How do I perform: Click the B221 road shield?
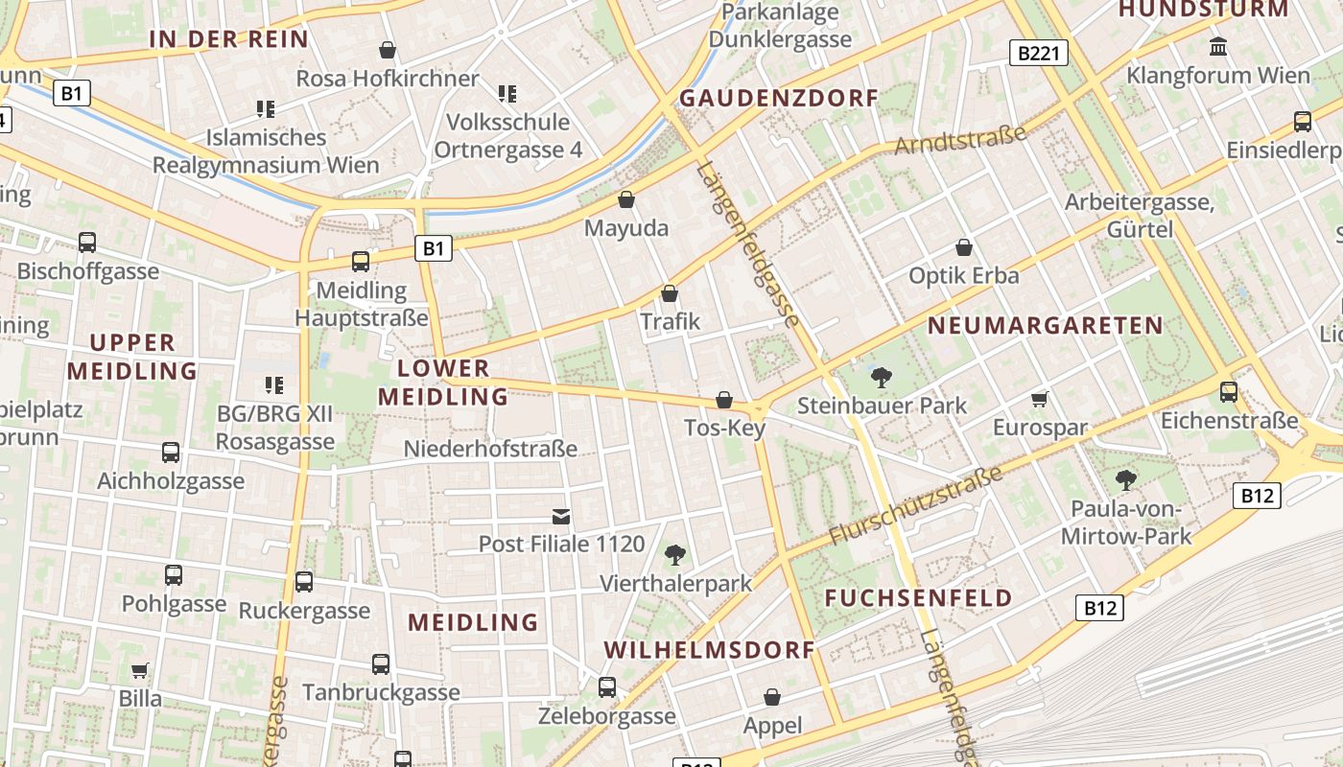tap(1039, 53)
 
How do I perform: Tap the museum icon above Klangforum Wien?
tap(1218, 46)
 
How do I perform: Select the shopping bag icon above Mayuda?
tap(626, 199)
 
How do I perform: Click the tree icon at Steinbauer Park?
tap(882, 377)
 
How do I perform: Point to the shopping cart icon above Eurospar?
tap(1040, 399)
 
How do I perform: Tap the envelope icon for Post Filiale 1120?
tap(561, 517)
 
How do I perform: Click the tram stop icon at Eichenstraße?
tap(1229, 391)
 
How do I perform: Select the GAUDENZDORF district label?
tap(779, 98)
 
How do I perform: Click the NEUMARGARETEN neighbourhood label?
tap(1046, 326)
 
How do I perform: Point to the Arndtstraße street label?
tap(960, 141)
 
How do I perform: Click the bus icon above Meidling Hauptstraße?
tap(361, 261)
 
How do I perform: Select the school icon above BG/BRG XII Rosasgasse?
tap(274, 385)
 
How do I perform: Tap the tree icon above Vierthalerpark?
tap(675, 554)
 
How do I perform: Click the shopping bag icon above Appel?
tap(772, 697)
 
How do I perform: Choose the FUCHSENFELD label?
tap(918, 598)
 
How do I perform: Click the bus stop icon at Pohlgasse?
tap(174, 575)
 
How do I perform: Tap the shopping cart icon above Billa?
tap(140, 669)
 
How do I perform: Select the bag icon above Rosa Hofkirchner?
tap(388, 49)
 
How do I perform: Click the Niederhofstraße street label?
tap(490, 449)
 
